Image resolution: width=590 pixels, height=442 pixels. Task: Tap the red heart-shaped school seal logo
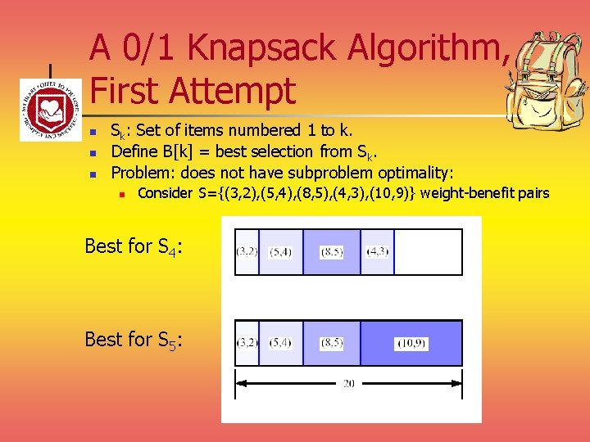coord(51,110)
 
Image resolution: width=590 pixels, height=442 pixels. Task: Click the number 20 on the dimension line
coord(348,383)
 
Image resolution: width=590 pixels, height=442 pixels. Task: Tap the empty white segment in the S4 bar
coord(428,252)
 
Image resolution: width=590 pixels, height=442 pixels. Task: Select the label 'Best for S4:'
coord(134,246)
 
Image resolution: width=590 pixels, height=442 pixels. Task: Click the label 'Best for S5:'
coord(134,339)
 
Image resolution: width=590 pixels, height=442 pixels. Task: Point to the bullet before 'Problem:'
coord(94,174)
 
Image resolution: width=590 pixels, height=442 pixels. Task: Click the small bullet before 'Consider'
coord(121,195)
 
